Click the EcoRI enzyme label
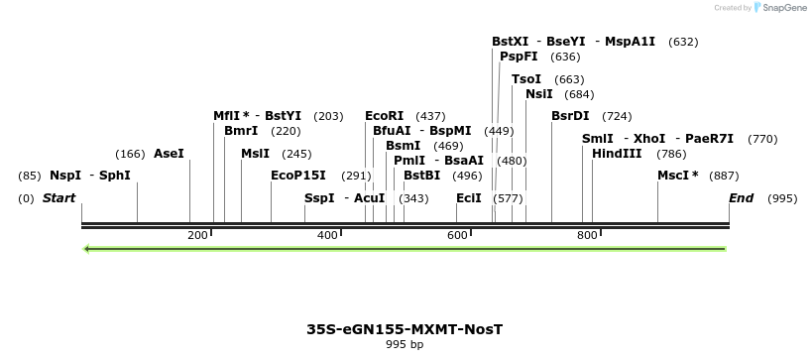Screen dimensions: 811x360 click(x=385, y=116)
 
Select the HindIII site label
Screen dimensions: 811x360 click(x=617, y=154)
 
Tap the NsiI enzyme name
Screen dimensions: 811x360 click(x=539, y=94)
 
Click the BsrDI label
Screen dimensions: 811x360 click(x=570, y=116)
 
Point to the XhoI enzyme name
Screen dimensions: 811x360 click(x=649, y=139)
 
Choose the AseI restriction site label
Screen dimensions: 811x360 click(x=169, y=154)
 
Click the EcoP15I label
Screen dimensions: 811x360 click(x=298, y=176)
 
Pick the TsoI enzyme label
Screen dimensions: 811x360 click(x=526, y=79)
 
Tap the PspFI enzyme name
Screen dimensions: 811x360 click(x=519, y=57)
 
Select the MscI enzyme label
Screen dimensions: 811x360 click(x=677, y=176)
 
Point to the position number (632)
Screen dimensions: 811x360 click(x=683, y=42)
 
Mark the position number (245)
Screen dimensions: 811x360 click(x=296, y=154)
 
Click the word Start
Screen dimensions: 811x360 click(x=59, y=198)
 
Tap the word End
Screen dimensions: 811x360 click(x=741, y=198)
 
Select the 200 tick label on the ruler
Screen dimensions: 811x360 click(x=197, y=235)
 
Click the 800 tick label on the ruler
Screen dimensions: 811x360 click(x=587, y=235)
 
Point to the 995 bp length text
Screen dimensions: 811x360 click(x=404, y=345)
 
